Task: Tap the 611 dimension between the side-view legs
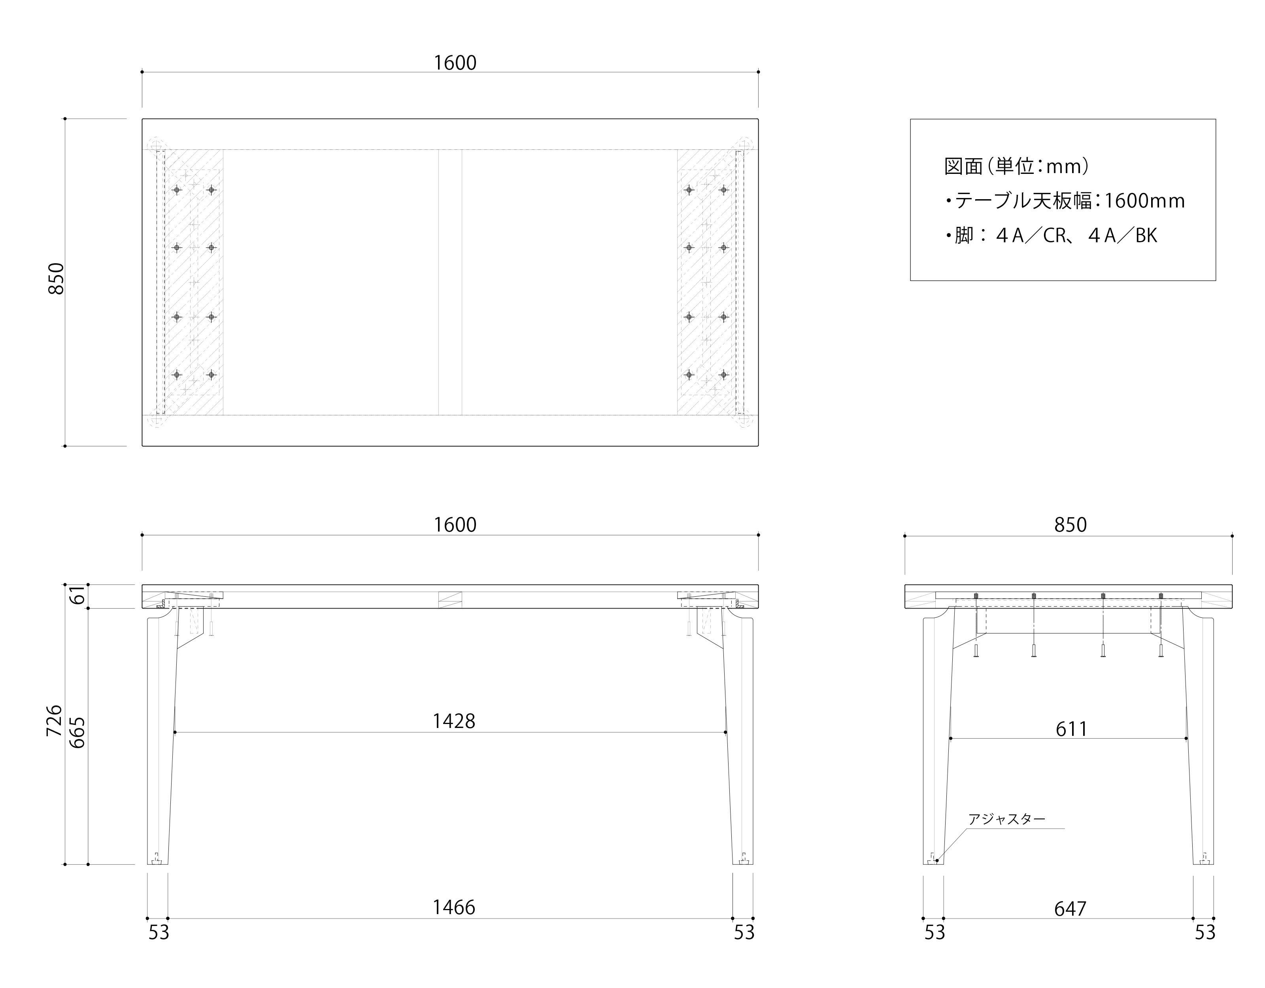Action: (1071, 728)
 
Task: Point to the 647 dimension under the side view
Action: (1070, 909)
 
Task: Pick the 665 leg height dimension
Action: (77, 733)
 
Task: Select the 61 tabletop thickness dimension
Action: (77, 595)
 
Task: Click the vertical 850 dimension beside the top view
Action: (56, 279)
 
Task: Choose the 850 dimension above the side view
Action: (1070, 525)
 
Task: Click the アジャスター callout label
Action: (1007, 819)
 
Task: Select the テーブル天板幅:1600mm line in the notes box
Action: (1065, 201)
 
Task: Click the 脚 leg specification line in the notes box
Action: (1051, 236)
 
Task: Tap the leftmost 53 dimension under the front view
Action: (159, 932)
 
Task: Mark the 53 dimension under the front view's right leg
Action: (744, 932)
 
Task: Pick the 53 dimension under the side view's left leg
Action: (934, 932)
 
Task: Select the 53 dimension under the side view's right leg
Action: (1205, 932)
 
